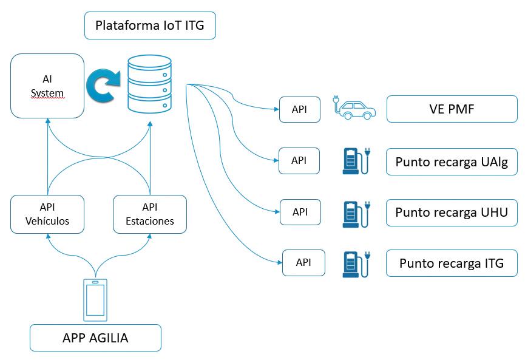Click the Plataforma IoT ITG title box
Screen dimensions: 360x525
coord(150,26)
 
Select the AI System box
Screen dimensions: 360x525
coord(47,86)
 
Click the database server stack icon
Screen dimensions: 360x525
coord(149,84)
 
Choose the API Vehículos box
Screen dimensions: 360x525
coord(47,214)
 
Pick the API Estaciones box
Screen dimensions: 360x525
coord(149,214)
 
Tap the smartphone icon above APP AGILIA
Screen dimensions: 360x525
coord(95,300)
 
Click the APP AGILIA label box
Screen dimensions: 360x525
coord(95,338)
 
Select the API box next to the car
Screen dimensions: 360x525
coord(300,109)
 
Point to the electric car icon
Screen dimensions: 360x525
coord(354,107)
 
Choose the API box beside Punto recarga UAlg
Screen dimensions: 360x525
coord(299,160)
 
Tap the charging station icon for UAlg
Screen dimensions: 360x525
coord(354,161)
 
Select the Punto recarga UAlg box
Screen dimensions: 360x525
coord(452,161)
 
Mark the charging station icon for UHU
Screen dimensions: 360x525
coord(354,212)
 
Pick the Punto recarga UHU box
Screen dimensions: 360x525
coord(452,212)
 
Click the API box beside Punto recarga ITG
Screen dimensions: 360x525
coord(303,263)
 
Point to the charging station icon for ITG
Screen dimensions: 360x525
coord(354,263)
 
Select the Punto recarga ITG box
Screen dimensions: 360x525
coord(452,263)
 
